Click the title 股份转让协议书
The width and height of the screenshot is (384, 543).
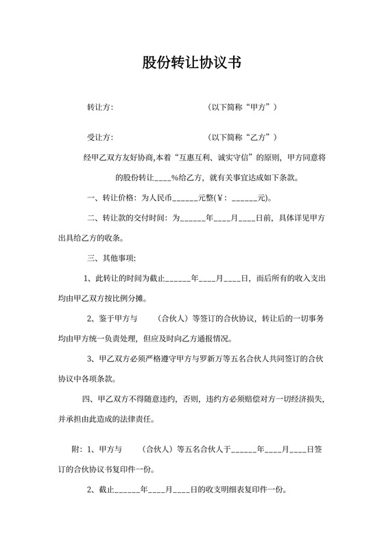pos(191,63)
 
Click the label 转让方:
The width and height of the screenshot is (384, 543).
pos(99,108)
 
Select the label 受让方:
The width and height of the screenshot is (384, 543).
pos(99,137)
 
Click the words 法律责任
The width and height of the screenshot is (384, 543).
pos(139,419)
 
